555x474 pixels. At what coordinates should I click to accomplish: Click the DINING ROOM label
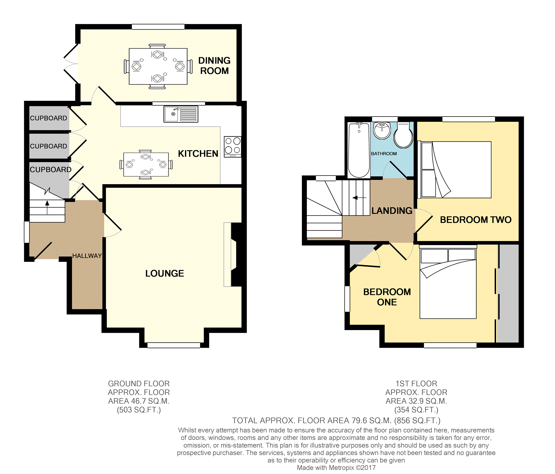[x=214, y=66]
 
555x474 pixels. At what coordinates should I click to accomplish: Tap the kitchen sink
[x=181, y=114]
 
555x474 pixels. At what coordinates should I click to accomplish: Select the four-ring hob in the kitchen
[x=233, y=147]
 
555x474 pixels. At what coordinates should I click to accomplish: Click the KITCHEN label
[x=198, y=154]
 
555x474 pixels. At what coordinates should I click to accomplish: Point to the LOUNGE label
[x=165, y=273]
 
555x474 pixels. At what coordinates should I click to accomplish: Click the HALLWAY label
[x=87, y=256]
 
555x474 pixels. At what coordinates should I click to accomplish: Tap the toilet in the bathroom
[x=403, y=135]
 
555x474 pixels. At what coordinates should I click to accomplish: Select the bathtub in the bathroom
[x=359, y=150]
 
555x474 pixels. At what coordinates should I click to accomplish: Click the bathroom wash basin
[x=382, y=131]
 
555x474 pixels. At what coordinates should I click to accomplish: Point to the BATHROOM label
[x=384, y=154]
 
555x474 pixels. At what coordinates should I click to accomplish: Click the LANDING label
[x=392, y=211]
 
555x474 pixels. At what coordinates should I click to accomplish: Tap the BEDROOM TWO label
[x=476, y=220]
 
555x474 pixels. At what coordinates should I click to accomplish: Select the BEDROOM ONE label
[x=387, y=297]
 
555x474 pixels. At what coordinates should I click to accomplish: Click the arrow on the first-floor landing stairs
[x=359, y=198]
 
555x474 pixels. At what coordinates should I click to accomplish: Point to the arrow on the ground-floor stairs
[x=47, y=207]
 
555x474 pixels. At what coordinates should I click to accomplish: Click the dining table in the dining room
[x=158, y=66]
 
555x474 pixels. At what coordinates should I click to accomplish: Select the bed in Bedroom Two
[x=454, y=170]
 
